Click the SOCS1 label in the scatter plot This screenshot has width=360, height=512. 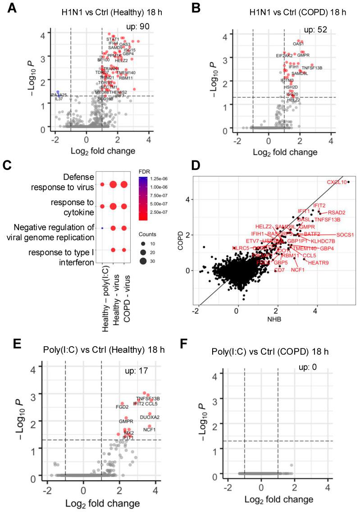[345, 235]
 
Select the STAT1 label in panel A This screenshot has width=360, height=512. [113, 39]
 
